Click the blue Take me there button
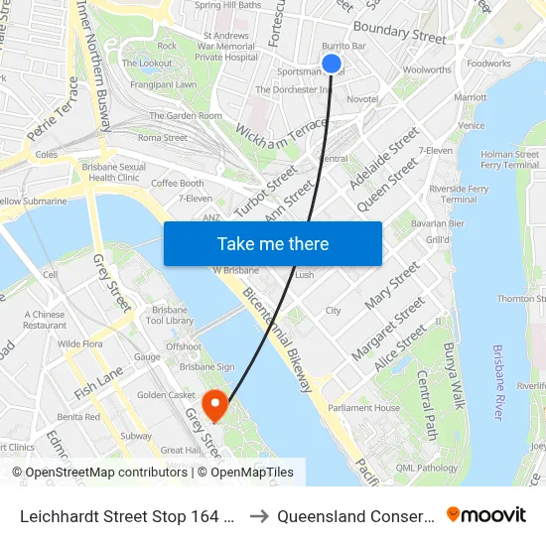coord(273,244)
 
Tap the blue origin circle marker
coord(332,64)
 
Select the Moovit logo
coord(486,514)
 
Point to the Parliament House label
coord(363,408)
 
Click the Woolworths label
coord(427,70)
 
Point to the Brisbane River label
coord(498,382)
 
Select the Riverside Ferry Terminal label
coord(459,194)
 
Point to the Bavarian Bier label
coord(438,224)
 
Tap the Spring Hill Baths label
coord(228,5)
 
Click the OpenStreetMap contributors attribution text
coord(99,473)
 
